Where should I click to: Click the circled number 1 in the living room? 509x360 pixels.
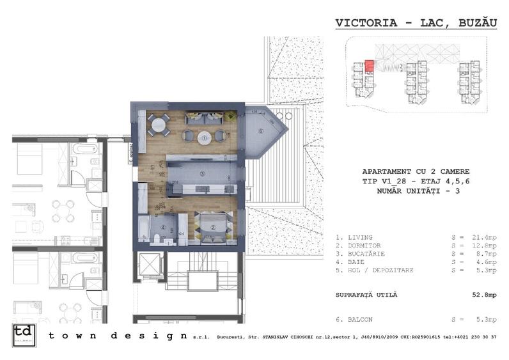204,136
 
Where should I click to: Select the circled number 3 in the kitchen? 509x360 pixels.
201,173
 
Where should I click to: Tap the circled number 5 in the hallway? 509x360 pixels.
152,168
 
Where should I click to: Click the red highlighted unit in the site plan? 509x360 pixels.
369,67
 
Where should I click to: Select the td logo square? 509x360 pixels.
24,336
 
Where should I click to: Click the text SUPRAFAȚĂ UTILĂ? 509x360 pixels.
366,294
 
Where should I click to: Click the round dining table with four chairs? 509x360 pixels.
159,123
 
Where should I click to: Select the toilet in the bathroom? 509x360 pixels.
156,239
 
